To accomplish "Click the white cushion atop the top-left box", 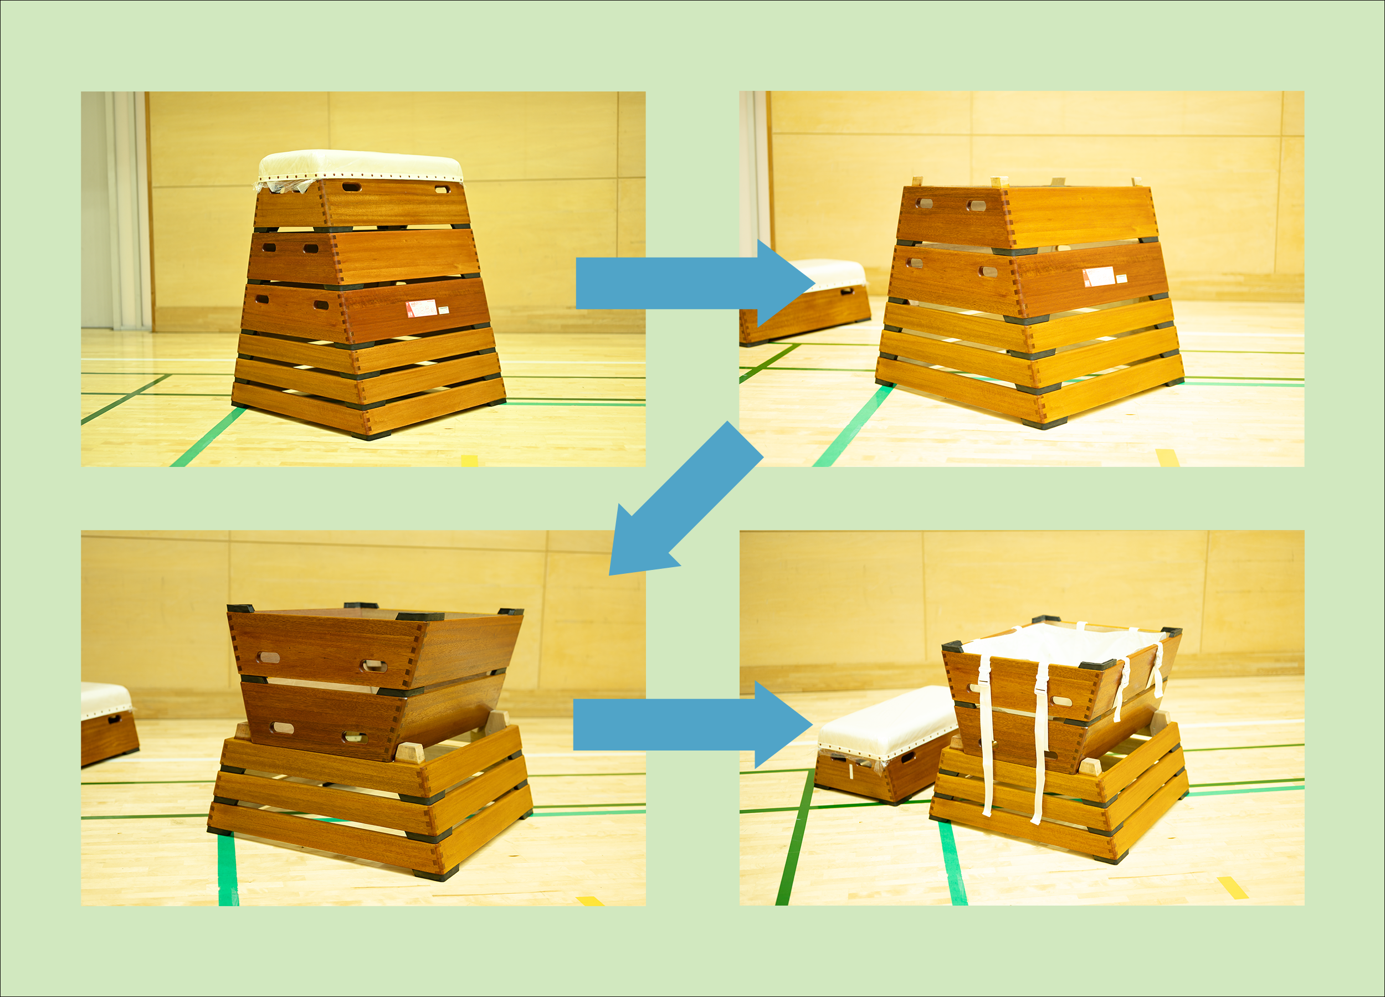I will click(x=360, y=165).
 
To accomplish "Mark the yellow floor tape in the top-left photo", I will click(x=469, y=460).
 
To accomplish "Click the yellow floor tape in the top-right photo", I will click(x=1167, y=458).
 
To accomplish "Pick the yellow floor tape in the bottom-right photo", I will click(x=1233, y=887).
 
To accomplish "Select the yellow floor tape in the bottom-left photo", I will click(x=590, y=901).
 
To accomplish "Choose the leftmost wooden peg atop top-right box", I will click(x=917, y=181).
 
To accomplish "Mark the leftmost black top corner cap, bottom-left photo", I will click(x=240, y=609).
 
